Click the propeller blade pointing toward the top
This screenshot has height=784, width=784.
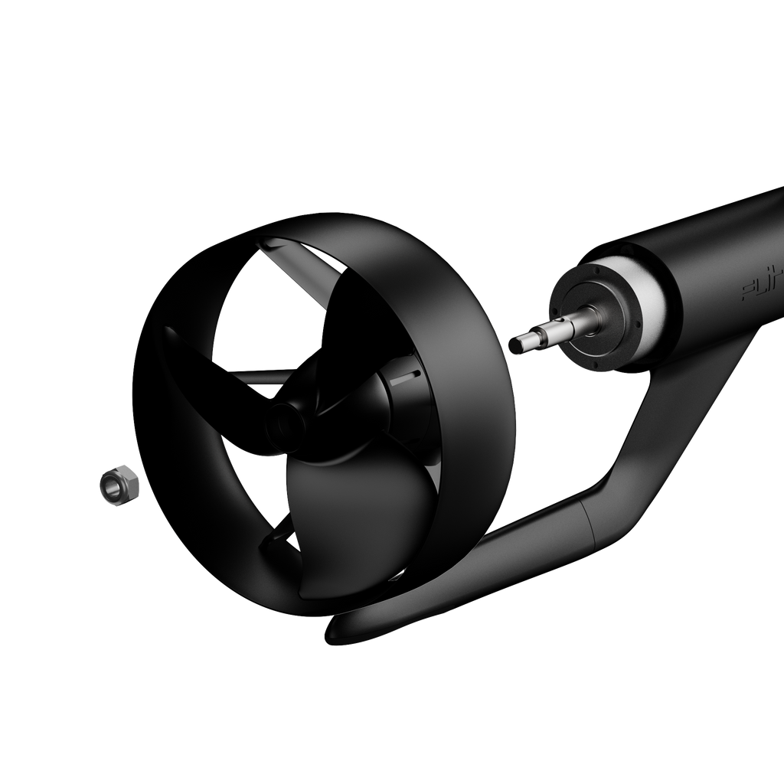(322, 306)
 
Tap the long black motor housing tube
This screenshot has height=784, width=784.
(712, 253)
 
